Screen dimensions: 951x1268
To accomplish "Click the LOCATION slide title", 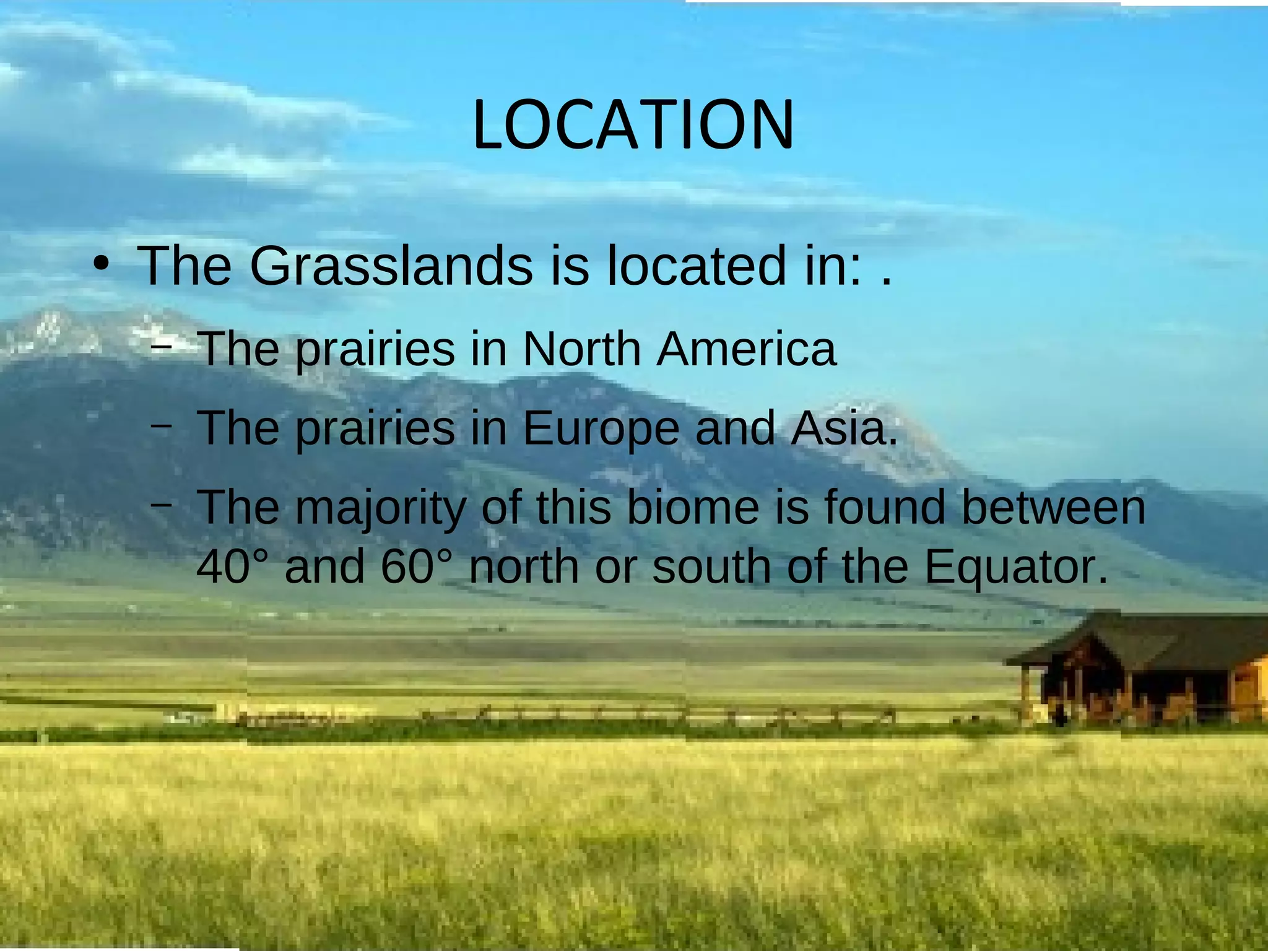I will (x=633, y=126).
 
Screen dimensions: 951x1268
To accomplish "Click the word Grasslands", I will (x=391, y=267).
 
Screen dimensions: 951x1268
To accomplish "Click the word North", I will (x=581, y=350).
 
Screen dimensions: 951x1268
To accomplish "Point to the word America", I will (x=746, y=350).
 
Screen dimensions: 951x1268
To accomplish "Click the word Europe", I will (x=601, y=429).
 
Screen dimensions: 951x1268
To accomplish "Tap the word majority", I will (x=380, y=508).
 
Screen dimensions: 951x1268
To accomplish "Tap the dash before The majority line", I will (x=162, y=505).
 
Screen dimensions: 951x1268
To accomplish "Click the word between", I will (x=1053, y=508).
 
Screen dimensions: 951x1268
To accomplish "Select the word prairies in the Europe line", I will (x=375, y=429).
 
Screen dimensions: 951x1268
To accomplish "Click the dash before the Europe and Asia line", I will (x=162, y=426).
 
